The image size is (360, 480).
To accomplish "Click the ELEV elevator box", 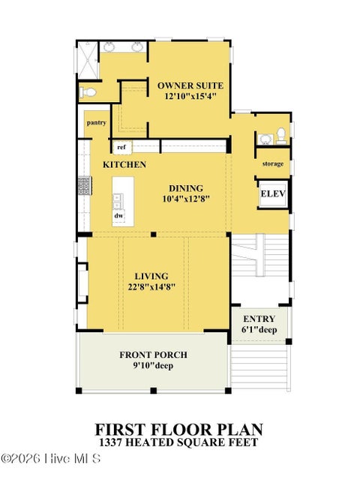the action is [x=273, y=194].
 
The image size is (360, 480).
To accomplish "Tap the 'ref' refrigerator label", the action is [x=121, y=147].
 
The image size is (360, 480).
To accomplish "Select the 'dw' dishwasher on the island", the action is [x=118, y=215].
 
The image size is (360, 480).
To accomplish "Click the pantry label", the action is [x=97, y=123].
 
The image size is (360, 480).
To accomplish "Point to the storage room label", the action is [x=273, y=163].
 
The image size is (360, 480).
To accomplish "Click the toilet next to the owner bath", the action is [x=88, y=91].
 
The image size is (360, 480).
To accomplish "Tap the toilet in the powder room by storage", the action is [x=281, y=136].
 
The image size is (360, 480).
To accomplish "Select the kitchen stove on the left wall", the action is [x=84, y=186].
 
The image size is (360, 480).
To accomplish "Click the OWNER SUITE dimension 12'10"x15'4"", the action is [x=190, y=96].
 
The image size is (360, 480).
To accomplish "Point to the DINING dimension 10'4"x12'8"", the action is [x=186, y=199].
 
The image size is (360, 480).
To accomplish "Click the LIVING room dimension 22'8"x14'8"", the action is [x=151, y=287].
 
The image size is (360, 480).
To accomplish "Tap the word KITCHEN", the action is [x=124, y=165].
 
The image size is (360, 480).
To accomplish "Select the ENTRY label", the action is [x=259, y=319].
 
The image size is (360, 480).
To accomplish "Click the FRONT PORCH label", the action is [x=153, y=355].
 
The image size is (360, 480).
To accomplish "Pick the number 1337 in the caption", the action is [x=110, y=442].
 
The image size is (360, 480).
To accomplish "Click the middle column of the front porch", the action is [x=153, y=390].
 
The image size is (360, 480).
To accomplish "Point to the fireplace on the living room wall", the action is [x=82, y=283].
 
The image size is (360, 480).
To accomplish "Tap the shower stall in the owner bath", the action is [x=88, y=60].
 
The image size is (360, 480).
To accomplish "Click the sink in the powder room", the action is [x=265, y=139].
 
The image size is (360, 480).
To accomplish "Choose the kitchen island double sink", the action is [x=118, y=201].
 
